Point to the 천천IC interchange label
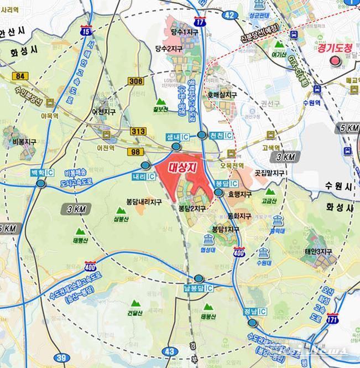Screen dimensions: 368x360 [x=221, y=136]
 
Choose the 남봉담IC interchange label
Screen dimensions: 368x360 [x=199, y=288]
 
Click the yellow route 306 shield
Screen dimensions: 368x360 [x=135, y=81]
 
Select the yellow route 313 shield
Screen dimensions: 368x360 [x=138, y=131]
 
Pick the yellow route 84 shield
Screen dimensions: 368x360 [x=21, y=75]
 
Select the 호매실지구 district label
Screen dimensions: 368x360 [x=222, y=95]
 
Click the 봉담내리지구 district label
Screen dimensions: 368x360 [x=144, y=203]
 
